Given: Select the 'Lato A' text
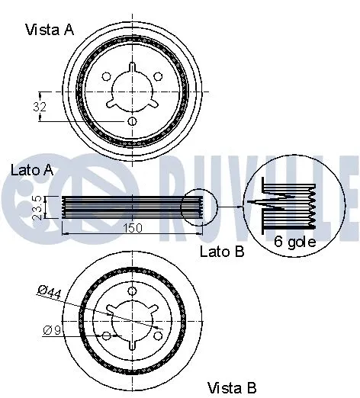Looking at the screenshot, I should click(31, 170).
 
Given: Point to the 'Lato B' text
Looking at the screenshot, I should click(221, 252).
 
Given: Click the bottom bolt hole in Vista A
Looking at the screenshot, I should click(132, 121).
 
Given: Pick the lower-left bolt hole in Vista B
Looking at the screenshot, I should click(106, 336).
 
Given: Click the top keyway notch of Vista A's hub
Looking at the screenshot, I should click(132, 69).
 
